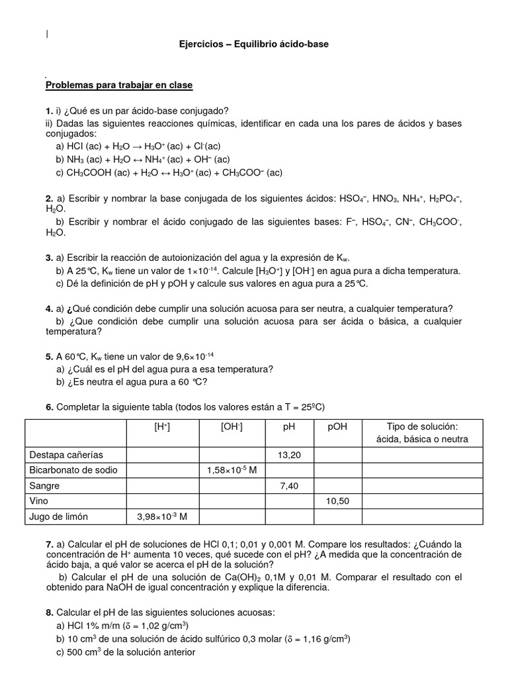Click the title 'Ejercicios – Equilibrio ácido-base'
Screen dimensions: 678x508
(254, 44)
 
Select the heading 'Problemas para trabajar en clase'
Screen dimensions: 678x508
(119, 85)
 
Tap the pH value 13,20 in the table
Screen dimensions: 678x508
(288, 455)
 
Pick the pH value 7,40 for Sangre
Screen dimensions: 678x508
(288, 485)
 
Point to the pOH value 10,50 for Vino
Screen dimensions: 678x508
(337, 501)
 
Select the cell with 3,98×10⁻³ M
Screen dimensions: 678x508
(162, 516)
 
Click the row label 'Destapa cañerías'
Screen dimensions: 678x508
(67, 455)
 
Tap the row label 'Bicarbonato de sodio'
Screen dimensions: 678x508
(73, 470)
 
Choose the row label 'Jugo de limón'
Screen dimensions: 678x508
(59, 516)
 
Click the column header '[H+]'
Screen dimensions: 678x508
(162, 427)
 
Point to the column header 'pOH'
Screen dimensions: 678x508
(337, 427)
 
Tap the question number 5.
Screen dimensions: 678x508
(49, 356)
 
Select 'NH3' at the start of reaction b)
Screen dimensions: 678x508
(76, 159)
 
